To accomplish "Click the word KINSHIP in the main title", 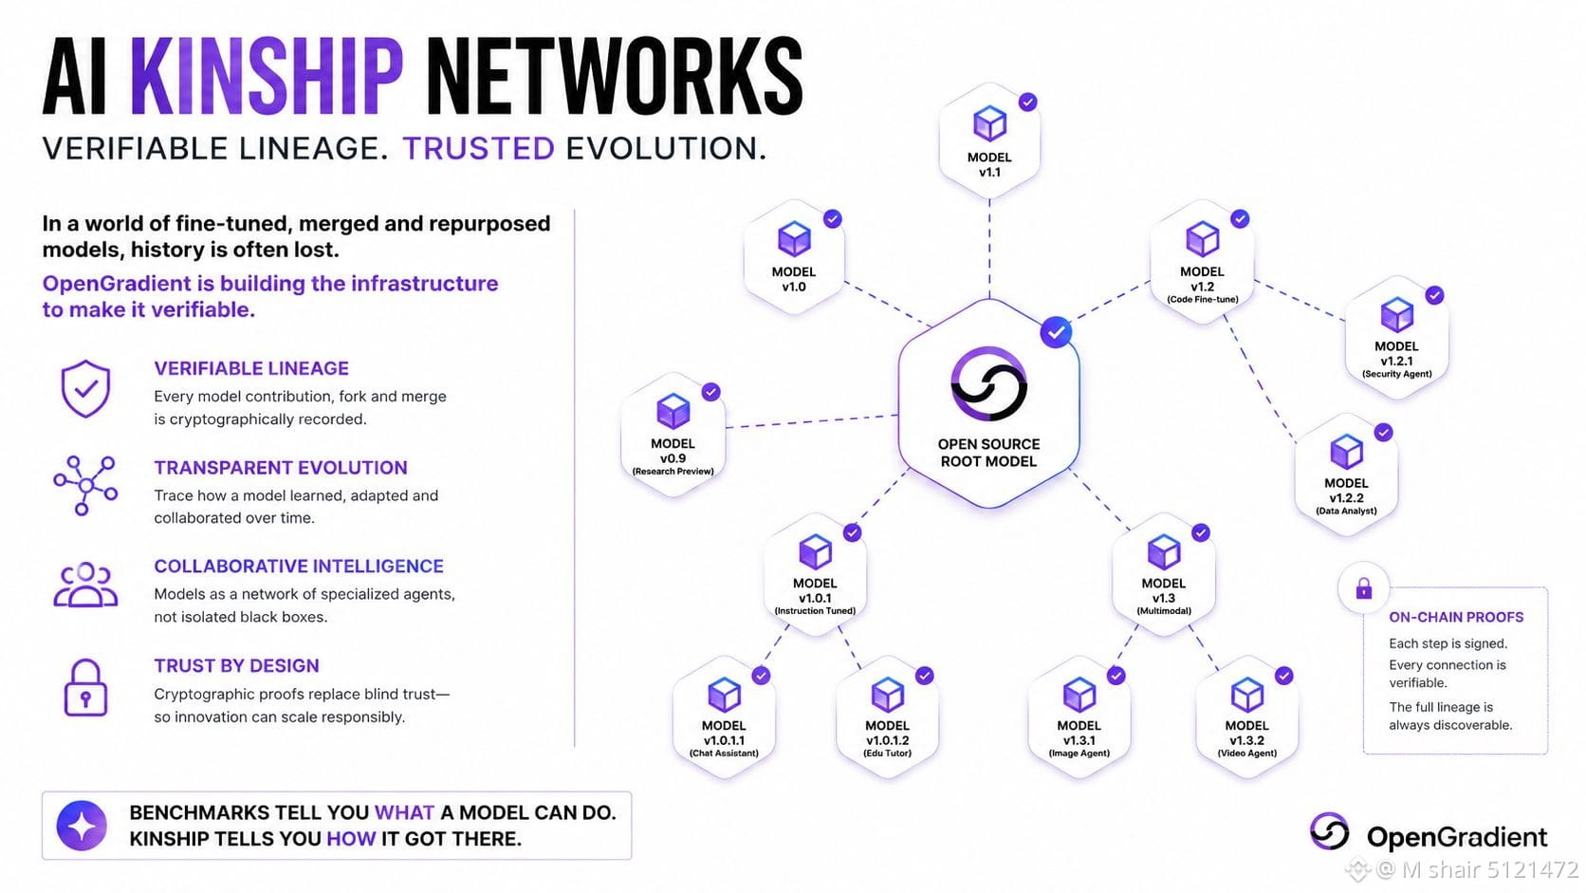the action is (267, 77).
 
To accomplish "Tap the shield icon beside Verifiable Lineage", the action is (85, 388).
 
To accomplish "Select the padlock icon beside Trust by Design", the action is (85, 688).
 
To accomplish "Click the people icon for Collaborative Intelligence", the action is (85, 585).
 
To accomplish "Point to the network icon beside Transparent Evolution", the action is (85, 485).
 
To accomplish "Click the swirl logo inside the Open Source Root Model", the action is (988, 383).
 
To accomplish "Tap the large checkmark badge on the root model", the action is (1056, 332).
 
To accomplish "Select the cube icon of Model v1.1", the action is (989, 124).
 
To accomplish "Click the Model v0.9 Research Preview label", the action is (673, 456).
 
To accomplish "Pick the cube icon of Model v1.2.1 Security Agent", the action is (1396, 314).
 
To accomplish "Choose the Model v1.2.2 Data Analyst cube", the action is (1346, 451).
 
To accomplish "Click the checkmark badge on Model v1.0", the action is (833, 219).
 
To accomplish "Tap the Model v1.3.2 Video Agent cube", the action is (1246, 694).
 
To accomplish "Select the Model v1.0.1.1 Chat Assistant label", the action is (724, 739).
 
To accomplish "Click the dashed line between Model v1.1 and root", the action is (989, 249).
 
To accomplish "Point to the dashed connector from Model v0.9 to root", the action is (812, 421).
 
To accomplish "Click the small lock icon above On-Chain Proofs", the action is (1364, 588).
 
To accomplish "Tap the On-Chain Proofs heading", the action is (1456, 617).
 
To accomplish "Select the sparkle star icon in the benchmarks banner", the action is (83, 826).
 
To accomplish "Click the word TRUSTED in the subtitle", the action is (479, 149).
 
